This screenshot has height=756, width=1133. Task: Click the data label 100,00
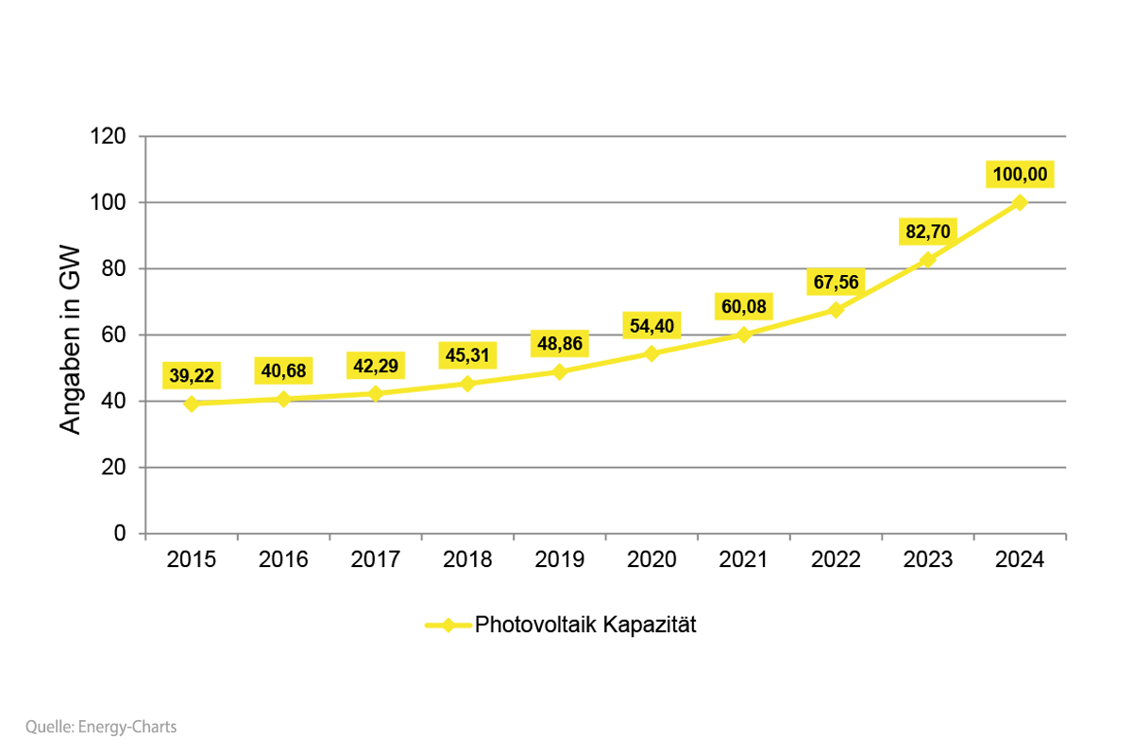click(x=1019, y=176)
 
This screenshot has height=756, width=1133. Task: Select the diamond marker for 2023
click(x=927, y=260)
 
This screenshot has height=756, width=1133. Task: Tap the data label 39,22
click(x=192, y=376)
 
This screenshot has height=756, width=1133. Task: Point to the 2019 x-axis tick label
click(x=559, y=559)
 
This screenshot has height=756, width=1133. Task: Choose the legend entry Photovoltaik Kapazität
click(x=584, y=625)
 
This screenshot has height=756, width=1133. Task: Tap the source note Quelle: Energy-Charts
click(x=101, y=727)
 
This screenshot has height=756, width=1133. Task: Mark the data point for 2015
click(x=192, y=404)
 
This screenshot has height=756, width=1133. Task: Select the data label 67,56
click(x=836, y=282)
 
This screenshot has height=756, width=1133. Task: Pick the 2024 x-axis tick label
click(x=1019, y=559)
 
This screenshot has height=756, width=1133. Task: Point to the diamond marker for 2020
click(x=651, y=353)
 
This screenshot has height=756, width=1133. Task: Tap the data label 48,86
click(x=559, y=343)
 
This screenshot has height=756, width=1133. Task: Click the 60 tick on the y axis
click(x=112, y=335)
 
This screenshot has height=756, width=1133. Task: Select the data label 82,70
click(x=927, y=232)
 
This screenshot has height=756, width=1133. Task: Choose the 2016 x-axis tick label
click(x=283, y=559)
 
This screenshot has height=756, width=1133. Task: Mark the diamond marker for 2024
click(x=1019, y=202)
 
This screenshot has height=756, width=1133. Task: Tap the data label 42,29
click(x=375, y=366)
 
